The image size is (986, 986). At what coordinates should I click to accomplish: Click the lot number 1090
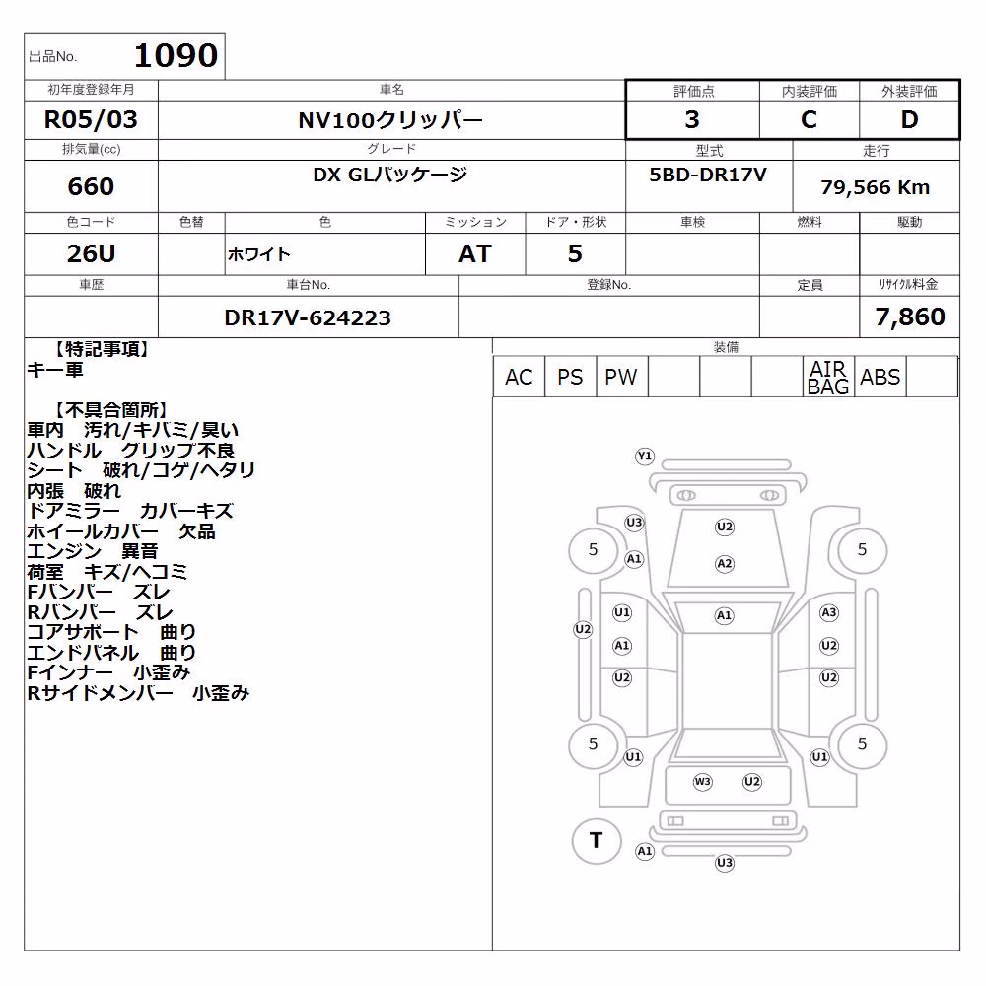point(176,55)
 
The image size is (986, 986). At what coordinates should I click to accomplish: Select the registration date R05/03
point(91,119)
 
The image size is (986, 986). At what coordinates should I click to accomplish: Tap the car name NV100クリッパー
point(390,120)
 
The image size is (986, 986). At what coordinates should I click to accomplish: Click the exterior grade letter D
point(909,119)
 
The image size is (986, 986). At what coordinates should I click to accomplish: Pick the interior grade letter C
point(809,119)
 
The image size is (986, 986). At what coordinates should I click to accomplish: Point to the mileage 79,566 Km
point(876,186)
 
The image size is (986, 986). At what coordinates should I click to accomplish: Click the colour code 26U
point(91,253)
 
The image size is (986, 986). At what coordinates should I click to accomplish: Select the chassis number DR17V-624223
point(308,317)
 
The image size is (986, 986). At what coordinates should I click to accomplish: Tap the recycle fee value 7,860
point(910,317)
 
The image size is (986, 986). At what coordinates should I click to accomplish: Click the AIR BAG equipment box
point(828,377)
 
